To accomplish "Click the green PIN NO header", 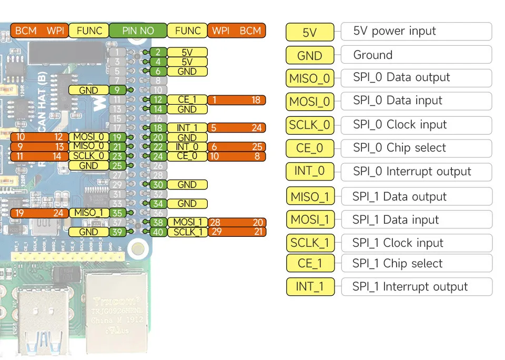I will (138, 31).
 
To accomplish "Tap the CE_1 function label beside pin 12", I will (187, 100).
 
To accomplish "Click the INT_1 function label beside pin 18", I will (187, 128).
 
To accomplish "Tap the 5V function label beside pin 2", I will (187, 52).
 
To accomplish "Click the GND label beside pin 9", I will (88, 90).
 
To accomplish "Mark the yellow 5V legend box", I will (310, 32).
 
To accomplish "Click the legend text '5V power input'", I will (395, 31).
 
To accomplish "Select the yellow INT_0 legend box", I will (310, 172).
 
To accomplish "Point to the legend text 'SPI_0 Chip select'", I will (399, 148).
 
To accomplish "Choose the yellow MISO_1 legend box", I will (310, 197).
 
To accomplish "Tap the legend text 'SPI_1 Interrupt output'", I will (410, 287).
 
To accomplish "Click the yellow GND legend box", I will (310, 55).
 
